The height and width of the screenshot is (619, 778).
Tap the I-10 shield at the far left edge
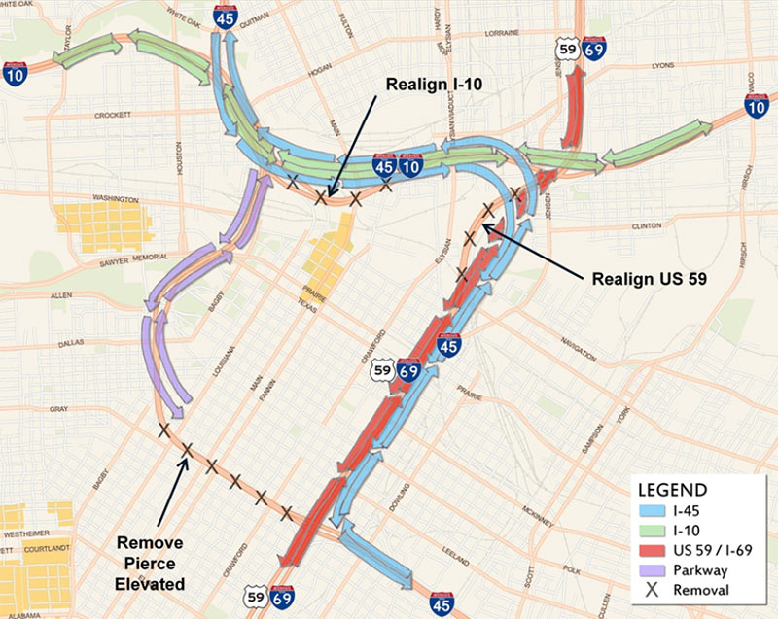click(x=14, y=73)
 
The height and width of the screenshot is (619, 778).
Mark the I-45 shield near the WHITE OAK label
click(x=225, y=15)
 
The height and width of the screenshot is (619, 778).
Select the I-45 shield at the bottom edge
click(x=440, y=604)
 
